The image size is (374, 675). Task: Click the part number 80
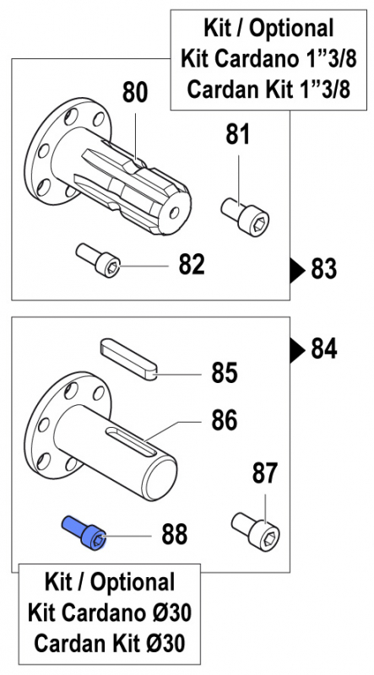coord(135,93)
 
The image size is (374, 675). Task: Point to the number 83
coord(323,270)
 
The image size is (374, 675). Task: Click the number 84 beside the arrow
coord(324,348)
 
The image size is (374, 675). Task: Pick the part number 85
coord(225,373)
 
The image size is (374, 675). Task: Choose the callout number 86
coord(225,420)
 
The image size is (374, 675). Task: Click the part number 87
coord(265,473)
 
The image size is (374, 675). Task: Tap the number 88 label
coord(175,534)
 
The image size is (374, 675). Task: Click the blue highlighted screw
coord(84,533)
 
